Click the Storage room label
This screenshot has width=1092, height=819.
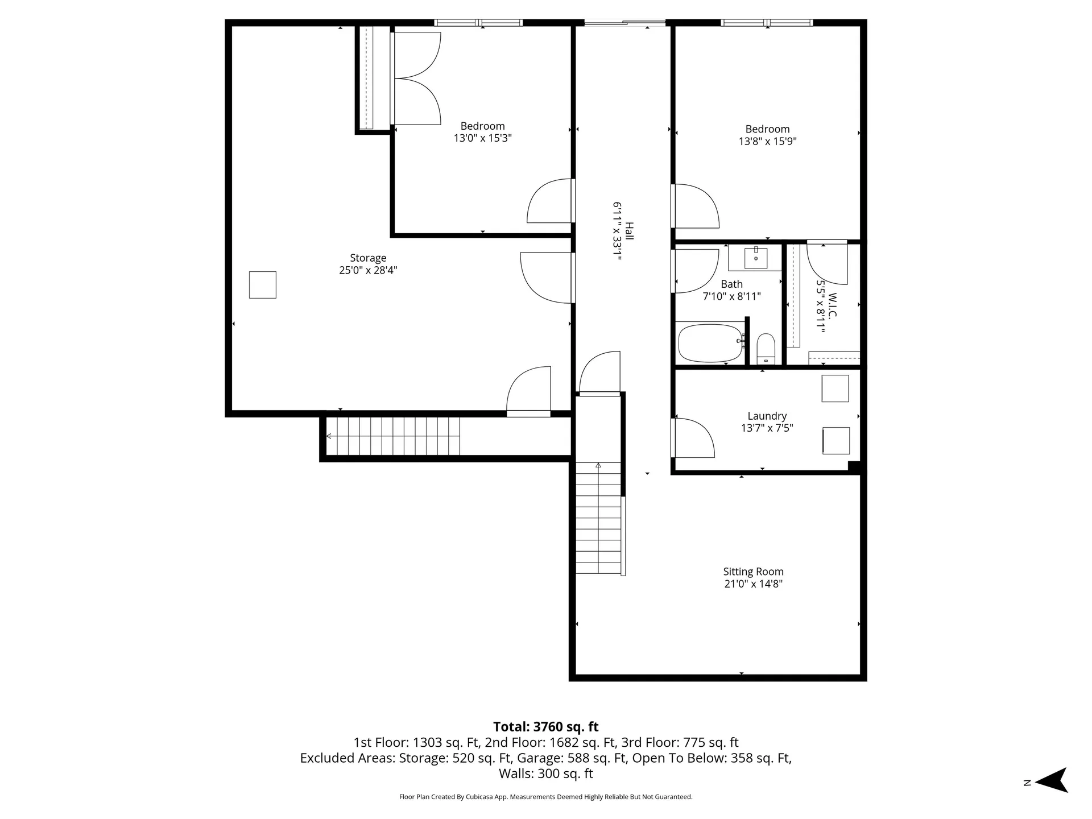click(368, 258)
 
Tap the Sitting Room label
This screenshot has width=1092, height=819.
click(753, 572)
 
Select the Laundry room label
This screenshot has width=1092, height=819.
click(767, 416)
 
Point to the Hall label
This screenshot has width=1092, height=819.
click(629, 231)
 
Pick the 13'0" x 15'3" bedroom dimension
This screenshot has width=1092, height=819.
click(482, 138)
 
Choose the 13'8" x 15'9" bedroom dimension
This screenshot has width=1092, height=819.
click(767, 141)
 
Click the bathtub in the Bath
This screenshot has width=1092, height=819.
click(710, 343)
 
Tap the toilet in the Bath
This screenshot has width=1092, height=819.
click(766, 348)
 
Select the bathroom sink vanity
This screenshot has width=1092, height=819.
click(755, 258)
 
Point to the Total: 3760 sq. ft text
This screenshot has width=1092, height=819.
click(545, 726)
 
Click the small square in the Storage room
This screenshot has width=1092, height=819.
click(263, 284)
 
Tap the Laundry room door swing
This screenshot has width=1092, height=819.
click(693, 438)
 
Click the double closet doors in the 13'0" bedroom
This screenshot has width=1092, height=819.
click(416, 78)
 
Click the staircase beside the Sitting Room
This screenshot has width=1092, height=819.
click(599, 518)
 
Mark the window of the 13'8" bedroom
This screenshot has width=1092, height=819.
click(767, 23)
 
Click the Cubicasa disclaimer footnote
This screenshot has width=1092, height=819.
click(545, 797)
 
